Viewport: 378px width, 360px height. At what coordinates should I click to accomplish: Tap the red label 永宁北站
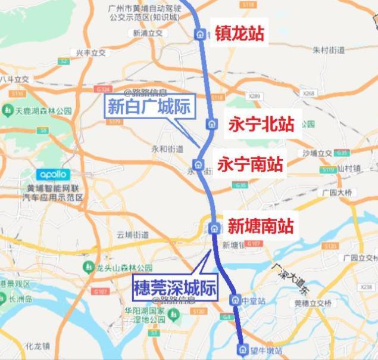click(261, 124)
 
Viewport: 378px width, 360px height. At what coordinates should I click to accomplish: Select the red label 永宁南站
click(250, 164)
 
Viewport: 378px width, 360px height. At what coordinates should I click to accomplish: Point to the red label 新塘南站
click(261, 226)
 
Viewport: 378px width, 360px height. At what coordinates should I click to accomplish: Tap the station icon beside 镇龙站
click(200, 34)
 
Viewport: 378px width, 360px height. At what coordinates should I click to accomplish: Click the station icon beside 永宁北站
click(211, 124)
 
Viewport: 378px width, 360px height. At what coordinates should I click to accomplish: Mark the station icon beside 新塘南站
click(214, 227)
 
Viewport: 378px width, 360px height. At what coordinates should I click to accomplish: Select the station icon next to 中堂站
click(235, 300)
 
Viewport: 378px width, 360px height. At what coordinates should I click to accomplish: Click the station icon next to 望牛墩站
click(242, 349)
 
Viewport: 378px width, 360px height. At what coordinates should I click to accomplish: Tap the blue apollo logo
click(53, 175)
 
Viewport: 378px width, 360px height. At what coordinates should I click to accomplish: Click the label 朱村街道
click(328, 50)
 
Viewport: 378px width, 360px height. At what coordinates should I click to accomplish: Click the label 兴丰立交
click(90, 53)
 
